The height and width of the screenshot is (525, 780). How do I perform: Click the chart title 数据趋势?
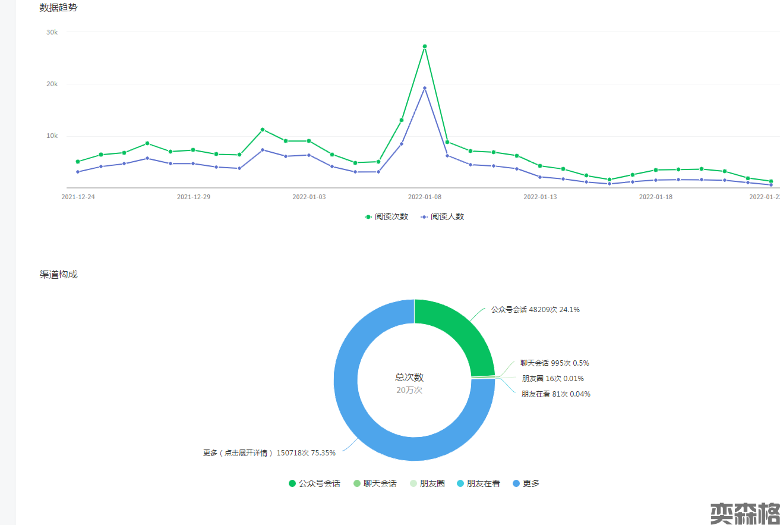pyautogui.click(x=58, y=8)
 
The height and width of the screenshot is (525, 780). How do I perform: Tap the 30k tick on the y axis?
pyautogui.click(x=52, y=32)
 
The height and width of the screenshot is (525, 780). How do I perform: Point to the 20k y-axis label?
pyautogui.click(x=52, y=84)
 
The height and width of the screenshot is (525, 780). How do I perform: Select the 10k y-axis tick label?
pyautogui.click(x=52, y=136)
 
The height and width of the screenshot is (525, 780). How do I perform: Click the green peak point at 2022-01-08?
pyautogui.click(x=425, y=46)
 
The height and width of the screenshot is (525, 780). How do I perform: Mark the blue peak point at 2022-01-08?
pyautogui.click(x=425, y=88)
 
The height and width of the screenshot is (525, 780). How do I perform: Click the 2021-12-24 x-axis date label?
pyautogui.click(x=78, y=197)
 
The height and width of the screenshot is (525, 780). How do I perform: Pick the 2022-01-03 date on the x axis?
pyautogui.click(x=309, y=197)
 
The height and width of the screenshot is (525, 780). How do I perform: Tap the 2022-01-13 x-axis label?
pyautogui.click(x=540, y=197)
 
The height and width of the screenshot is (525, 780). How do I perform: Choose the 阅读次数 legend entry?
pyautogui.click(x=387, y=217)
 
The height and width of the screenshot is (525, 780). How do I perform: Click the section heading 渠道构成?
pyautogui.click(x=58, y=275)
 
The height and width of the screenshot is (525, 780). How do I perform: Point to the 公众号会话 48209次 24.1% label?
pyautogui.click(x=535, y=310)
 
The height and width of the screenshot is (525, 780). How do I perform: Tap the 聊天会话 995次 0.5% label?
pyautogui.click(x=555, y=363)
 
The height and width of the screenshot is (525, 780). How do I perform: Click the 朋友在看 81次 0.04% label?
pyautogui.click(x=556, y=394)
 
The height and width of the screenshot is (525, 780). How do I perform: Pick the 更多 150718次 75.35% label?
pyautogui.click(x=269, y=453)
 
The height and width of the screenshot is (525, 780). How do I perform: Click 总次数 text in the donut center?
pyautogui.click(x=409, y=377)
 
